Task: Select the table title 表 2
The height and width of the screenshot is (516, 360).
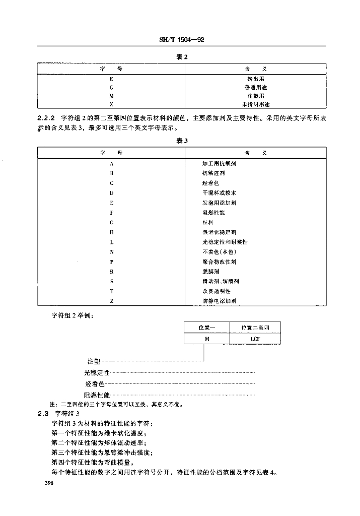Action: [x=182, y=57]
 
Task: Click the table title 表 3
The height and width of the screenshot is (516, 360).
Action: [x=182, y=141]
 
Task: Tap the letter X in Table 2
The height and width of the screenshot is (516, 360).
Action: [x=111, y=104]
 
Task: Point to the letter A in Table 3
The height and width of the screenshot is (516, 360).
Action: [x=111, y=164]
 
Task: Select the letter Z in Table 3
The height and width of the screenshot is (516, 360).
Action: [x=111, y=301]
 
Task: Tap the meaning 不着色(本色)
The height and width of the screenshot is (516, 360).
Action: [x=219, y=252]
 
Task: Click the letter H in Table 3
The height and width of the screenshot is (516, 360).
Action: [x=111, y=232]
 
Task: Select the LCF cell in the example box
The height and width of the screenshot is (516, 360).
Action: [x=255, y=340]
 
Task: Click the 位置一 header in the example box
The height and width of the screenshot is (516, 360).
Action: [x=207, y=328]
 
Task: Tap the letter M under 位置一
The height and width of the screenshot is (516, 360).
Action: [x=207, y=340]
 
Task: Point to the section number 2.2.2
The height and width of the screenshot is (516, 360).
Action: [x=46, y=117]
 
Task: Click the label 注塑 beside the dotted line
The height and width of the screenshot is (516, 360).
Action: [x=95, y=361]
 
